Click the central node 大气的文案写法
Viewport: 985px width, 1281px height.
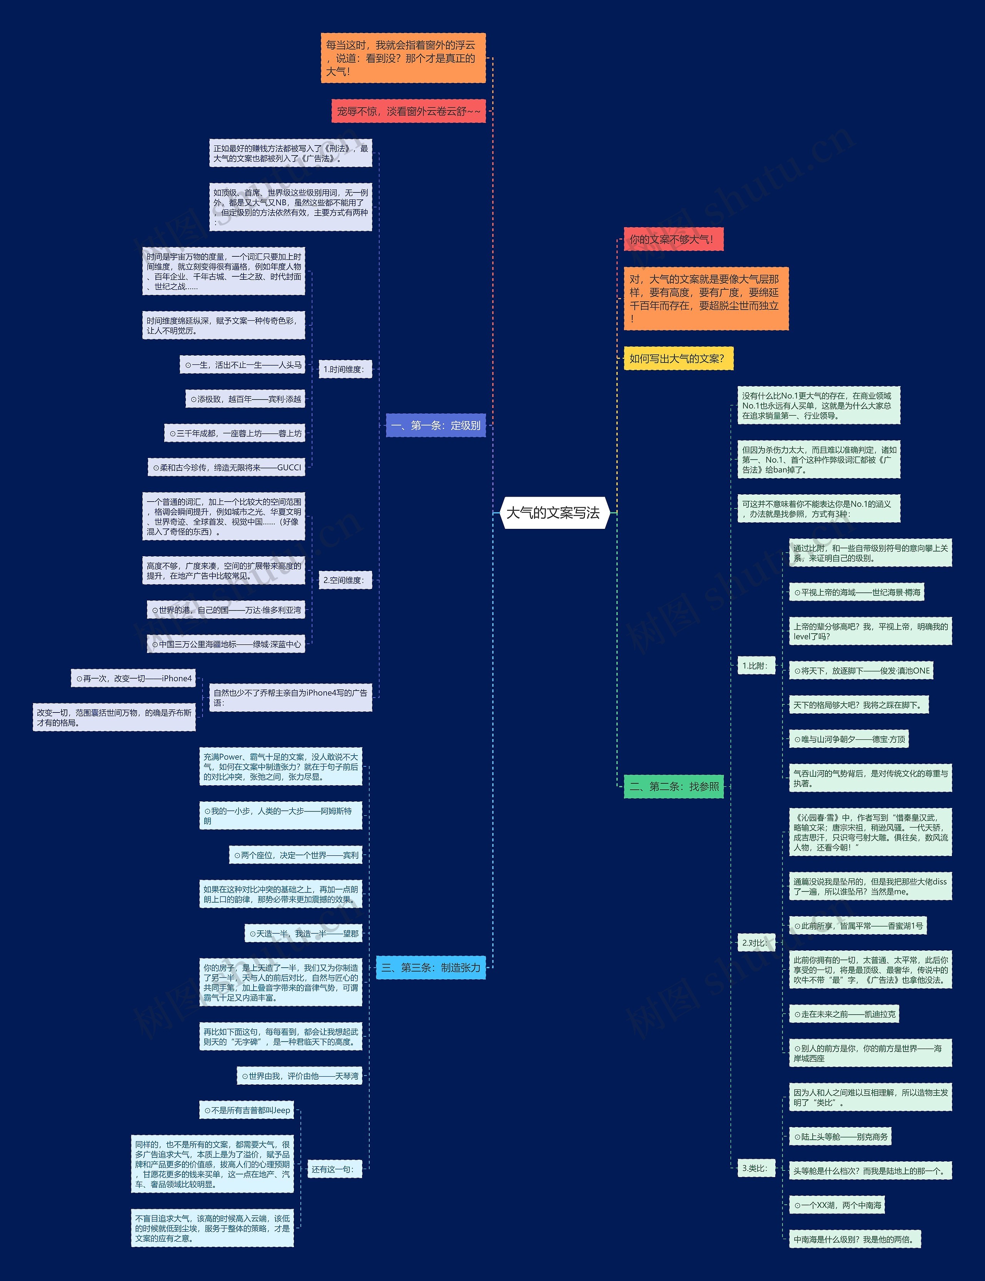(553, 513)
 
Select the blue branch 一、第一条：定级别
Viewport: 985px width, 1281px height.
(436, 426)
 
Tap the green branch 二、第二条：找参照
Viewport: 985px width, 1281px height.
(674, 786)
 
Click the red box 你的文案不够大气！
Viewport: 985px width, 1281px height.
(673, 239)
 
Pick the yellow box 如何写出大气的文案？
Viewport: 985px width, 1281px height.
(678, 358)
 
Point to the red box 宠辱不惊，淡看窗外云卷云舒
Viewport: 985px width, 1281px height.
(408, 111)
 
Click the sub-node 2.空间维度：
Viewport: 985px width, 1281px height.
(344, 580)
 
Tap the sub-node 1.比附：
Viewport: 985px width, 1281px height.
(755, 666)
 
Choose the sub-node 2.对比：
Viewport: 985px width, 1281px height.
(755, 943)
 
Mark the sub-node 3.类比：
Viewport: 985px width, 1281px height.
(755, 1168)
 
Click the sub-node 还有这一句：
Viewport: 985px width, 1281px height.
(333, 1169)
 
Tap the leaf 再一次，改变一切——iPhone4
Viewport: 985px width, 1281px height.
(134, 679)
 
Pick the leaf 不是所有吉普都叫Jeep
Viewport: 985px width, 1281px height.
(247, 1110)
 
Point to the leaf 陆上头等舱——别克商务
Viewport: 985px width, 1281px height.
(841, 1137)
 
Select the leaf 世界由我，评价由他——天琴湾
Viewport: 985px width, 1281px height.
(300, 1076)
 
